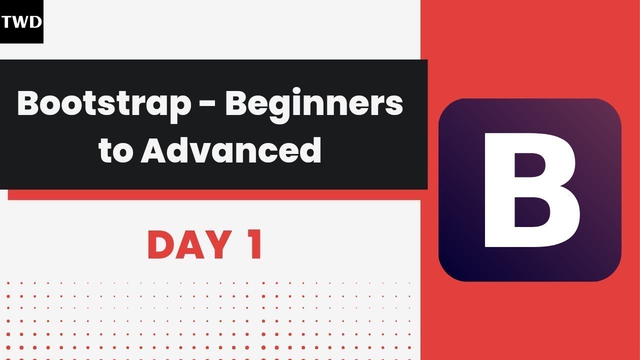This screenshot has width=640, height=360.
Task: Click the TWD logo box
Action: click(21, 21)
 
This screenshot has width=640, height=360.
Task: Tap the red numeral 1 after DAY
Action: click(255, 245)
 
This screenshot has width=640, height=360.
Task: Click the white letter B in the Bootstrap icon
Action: click(531, 189)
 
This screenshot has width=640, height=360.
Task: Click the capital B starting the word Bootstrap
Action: click(29, 104)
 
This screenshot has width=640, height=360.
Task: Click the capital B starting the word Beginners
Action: click(236, 104)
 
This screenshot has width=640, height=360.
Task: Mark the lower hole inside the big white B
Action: click(532, 216)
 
